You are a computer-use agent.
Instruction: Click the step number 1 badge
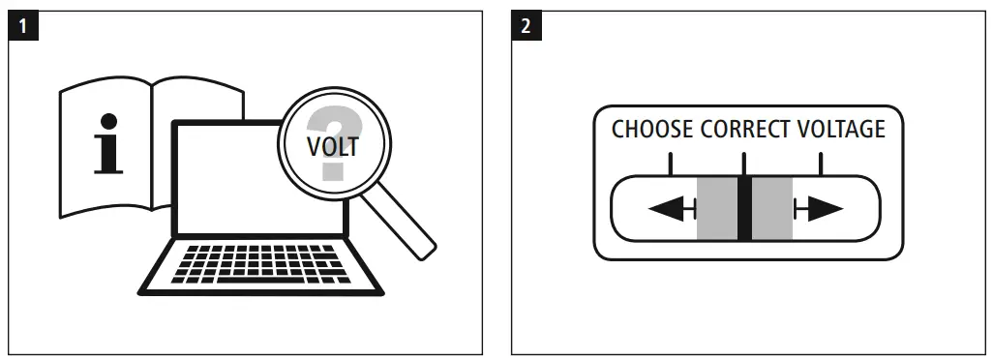coord(23,24)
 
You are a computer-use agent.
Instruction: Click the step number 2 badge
coord(526,24)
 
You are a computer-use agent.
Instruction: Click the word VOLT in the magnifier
coord(332,148)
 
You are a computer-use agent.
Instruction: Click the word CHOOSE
coord(652,129)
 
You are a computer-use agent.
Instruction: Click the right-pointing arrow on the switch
coord(818,208)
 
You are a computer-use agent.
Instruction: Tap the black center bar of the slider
coord(744,208)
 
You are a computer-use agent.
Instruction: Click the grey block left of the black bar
coord(716,208)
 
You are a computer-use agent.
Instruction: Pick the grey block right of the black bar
coord(772,208)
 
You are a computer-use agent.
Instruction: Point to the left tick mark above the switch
coord(667,162)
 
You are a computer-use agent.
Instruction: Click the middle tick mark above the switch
coord(743,162)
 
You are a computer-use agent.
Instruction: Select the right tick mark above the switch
coord(820,162)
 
